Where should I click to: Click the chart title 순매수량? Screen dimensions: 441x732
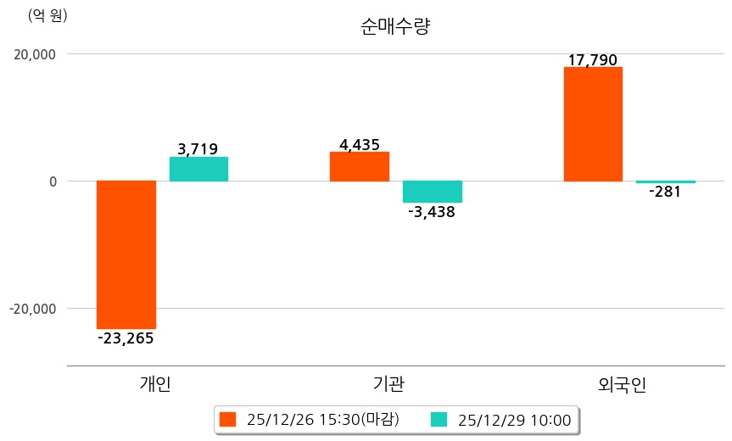[x=395, y=26]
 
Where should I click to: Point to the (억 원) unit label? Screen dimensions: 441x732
[x=48, y=15]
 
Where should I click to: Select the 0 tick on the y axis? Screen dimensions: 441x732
[x=52, y=181]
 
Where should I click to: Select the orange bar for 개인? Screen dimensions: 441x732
[x=126, y=254]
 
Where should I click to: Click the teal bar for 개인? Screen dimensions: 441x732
[x=198, y=169]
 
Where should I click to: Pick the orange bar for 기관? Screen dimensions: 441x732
[x=360, y=166]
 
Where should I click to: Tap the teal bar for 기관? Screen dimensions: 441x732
[x=433, y=192]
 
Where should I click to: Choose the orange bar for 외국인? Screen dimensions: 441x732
[x=593, y=124]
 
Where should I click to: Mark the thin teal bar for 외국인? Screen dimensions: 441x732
[x=666, y=182]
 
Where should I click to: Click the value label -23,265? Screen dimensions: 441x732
[x=126, y=338]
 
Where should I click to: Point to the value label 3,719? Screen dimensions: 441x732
[x=198, y=149]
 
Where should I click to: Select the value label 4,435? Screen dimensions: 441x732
[x=360, y=145]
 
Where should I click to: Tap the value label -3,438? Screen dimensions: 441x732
[x=432, y=212]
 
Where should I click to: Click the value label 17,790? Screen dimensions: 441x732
[x=593, y=60]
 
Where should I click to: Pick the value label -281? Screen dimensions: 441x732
[x=665, y=192]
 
